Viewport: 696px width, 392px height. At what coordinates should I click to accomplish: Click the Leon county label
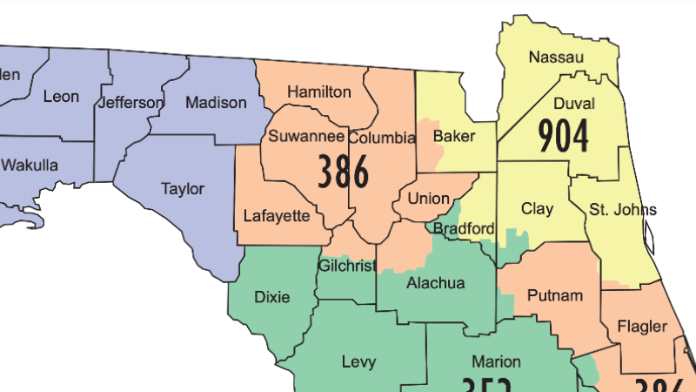[61, 97]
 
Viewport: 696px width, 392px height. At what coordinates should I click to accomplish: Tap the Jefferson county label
[130, 103]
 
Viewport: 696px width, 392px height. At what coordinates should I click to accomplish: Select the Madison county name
[216, 103]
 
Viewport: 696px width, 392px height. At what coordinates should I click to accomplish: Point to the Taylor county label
[183, 188]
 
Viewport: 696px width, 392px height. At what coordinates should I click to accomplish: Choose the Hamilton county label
[319, 92]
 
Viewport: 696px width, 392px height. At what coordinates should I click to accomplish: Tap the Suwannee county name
[306, 136]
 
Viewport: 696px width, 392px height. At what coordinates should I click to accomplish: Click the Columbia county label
[382, 138]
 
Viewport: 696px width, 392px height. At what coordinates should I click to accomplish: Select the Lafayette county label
[276, 215]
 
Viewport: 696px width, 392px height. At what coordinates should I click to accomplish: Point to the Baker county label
[453, 137]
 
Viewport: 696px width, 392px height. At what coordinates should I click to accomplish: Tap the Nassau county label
[556, 58]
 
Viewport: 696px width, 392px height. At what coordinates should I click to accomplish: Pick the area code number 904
[563, 135]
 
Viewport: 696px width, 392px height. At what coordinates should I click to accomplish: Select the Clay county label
[537, 209]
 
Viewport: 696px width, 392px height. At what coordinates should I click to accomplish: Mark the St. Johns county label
[622, 209]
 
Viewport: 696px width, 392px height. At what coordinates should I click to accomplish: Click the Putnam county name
[554, 295]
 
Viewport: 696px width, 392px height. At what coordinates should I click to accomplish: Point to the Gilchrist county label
[346, 265]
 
